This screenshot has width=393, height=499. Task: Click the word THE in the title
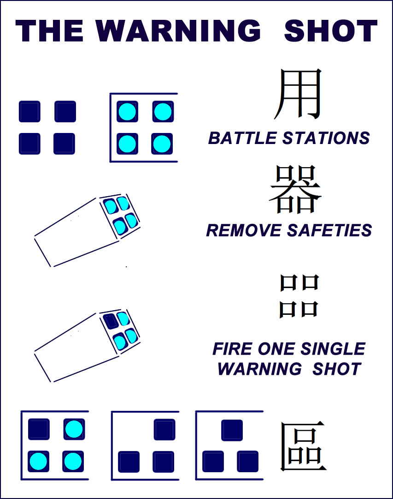[49, 30]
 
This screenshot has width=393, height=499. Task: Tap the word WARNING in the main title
[178, 30]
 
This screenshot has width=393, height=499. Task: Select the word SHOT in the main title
[330, 30]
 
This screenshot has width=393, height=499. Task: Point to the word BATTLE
[242, 138]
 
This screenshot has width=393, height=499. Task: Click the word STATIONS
[326, 138]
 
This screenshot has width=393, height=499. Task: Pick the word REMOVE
[244, 230]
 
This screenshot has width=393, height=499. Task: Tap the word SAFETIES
[329, 230]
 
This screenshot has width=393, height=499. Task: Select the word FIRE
[232, 349]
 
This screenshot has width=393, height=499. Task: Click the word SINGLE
[333, 349]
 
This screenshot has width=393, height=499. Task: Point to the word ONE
[276, 349]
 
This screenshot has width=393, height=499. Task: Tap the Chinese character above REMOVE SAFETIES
[295, 189]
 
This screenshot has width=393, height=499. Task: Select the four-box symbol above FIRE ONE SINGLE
[299, 296]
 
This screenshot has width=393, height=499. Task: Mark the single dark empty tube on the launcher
[111, 321]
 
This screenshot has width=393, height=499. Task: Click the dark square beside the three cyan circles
[39, 429]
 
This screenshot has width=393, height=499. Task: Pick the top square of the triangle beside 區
[232, 430]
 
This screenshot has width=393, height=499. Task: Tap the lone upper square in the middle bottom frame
[164, 429]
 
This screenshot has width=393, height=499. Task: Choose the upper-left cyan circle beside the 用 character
[128, 112]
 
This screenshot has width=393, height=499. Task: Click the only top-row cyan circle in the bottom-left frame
[74, 429]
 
